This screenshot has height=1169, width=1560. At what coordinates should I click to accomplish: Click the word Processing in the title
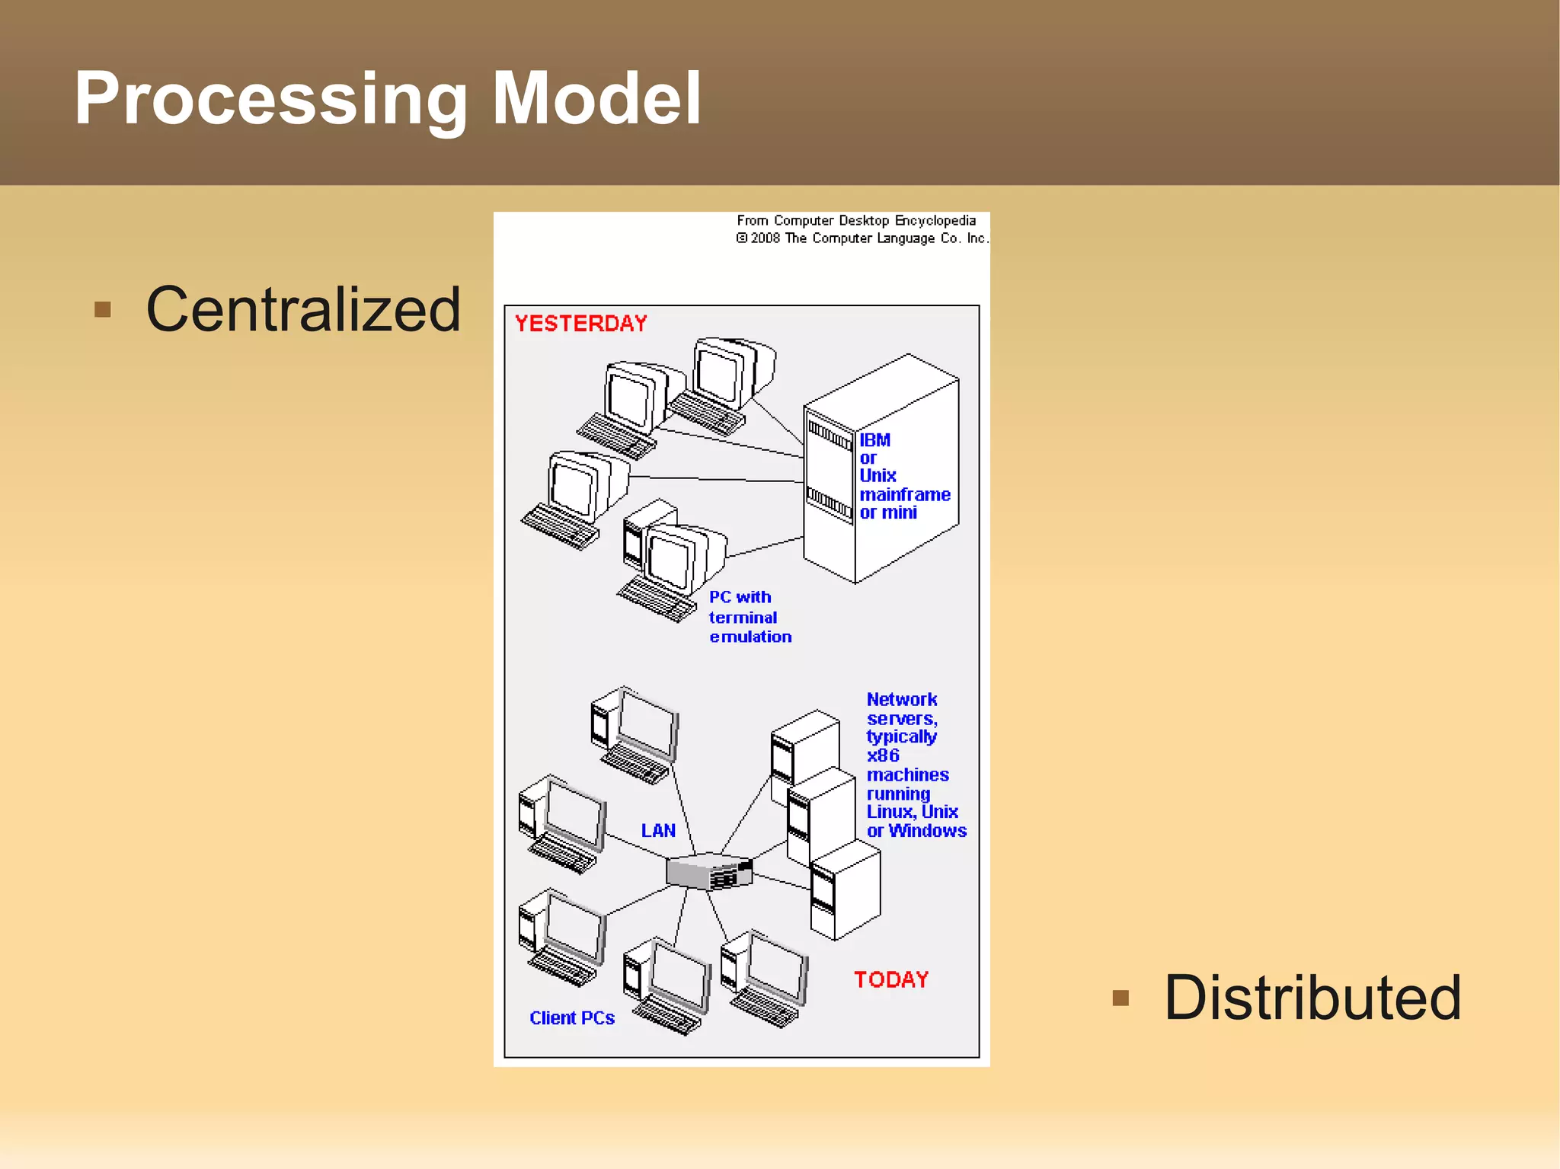coord(270,99)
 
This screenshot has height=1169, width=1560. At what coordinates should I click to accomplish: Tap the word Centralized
coord(303,309)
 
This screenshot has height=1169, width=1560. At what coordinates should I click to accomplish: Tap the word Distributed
coord(1312,998)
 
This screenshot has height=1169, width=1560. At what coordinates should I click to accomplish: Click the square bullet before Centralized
coord(103,310)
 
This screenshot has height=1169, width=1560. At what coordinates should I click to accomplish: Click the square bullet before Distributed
coord(1120,998)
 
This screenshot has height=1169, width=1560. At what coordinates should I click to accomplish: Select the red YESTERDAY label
coord(580,324)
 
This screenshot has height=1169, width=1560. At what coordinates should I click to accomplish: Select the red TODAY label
coord(890,979)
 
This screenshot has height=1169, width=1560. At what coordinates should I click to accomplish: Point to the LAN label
coord(658,830)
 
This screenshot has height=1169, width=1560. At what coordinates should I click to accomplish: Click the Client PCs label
coord(572,1018)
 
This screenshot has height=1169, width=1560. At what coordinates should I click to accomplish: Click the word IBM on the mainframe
coord(874,440)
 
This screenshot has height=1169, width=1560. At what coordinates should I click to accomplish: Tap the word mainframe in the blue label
coord(904,495)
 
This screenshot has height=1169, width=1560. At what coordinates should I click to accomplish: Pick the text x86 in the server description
coord(883,755)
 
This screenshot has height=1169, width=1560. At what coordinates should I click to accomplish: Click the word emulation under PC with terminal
coord(750,637)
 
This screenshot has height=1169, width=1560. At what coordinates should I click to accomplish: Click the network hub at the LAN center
coord(708,870)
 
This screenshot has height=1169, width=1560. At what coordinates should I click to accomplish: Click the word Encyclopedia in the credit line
coord(935,221)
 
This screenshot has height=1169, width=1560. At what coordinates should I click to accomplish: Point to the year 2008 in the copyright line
coord(765,238)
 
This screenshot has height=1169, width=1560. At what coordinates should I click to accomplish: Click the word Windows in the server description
coord(927,831)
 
